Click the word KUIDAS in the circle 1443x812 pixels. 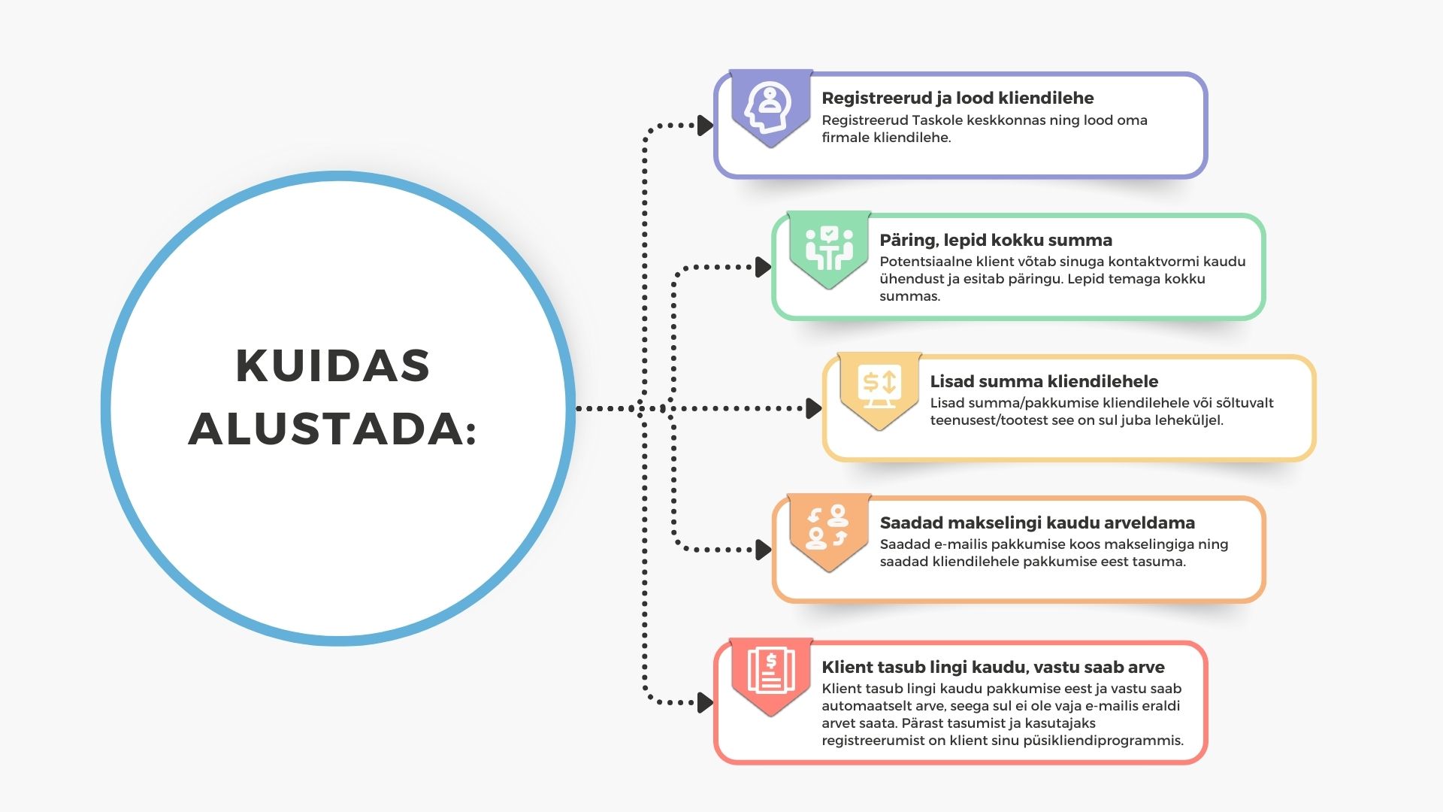(x=333, y=366)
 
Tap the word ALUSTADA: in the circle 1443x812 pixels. (x=333, y=429)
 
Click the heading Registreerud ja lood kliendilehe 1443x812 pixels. (x=957, y=98)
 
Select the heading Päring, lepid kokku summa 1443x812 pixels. (x=996, y=241)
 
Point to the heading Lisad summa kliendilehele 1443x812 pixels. (x=1044, y=381)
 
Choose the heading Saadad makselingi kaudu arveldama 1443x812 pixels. (x=1037, y=523)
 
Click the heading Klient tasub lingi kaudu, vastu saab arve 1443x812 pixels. (x=993, y=667)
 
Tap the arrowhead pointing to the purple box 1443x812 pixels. (x=706, y=126)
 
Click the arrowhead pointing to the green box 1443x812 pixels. (x=764, y=267)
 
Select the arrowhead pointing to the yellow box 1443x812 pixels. (x=814, y=408)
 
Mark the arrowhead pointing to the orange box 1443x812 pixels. (x=764, y=550)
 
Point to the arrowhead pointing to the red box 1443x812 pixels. (x=706, y=702)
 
